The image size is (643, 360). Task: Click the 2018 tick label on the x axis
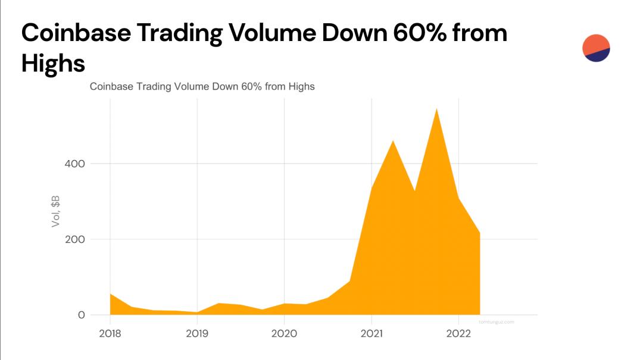pos(110,333)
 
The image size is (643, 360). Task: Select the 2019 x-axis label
pos(197,333)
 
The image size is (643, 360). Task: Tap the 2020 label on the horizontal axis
pos(285,333)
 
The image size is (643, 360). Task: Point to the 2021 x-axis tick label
pos(372,333)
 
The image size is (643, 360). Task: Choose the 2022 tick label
pos(458,333)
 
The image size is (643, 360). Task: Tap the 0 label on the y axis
pos(81,315)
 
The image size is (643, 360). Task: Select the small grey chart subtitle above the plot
pos(202,87)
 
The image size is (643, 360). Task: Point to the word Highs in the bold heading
pos(53,63)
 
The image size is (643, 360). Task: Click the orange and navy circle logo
pos(596,48)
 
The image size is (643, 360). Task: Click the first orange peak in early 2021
pos(393,141)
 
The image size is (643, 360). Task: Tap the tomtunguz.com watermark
pos(496,322)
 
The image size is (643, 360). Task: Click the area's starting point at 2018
pos(111,295)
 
